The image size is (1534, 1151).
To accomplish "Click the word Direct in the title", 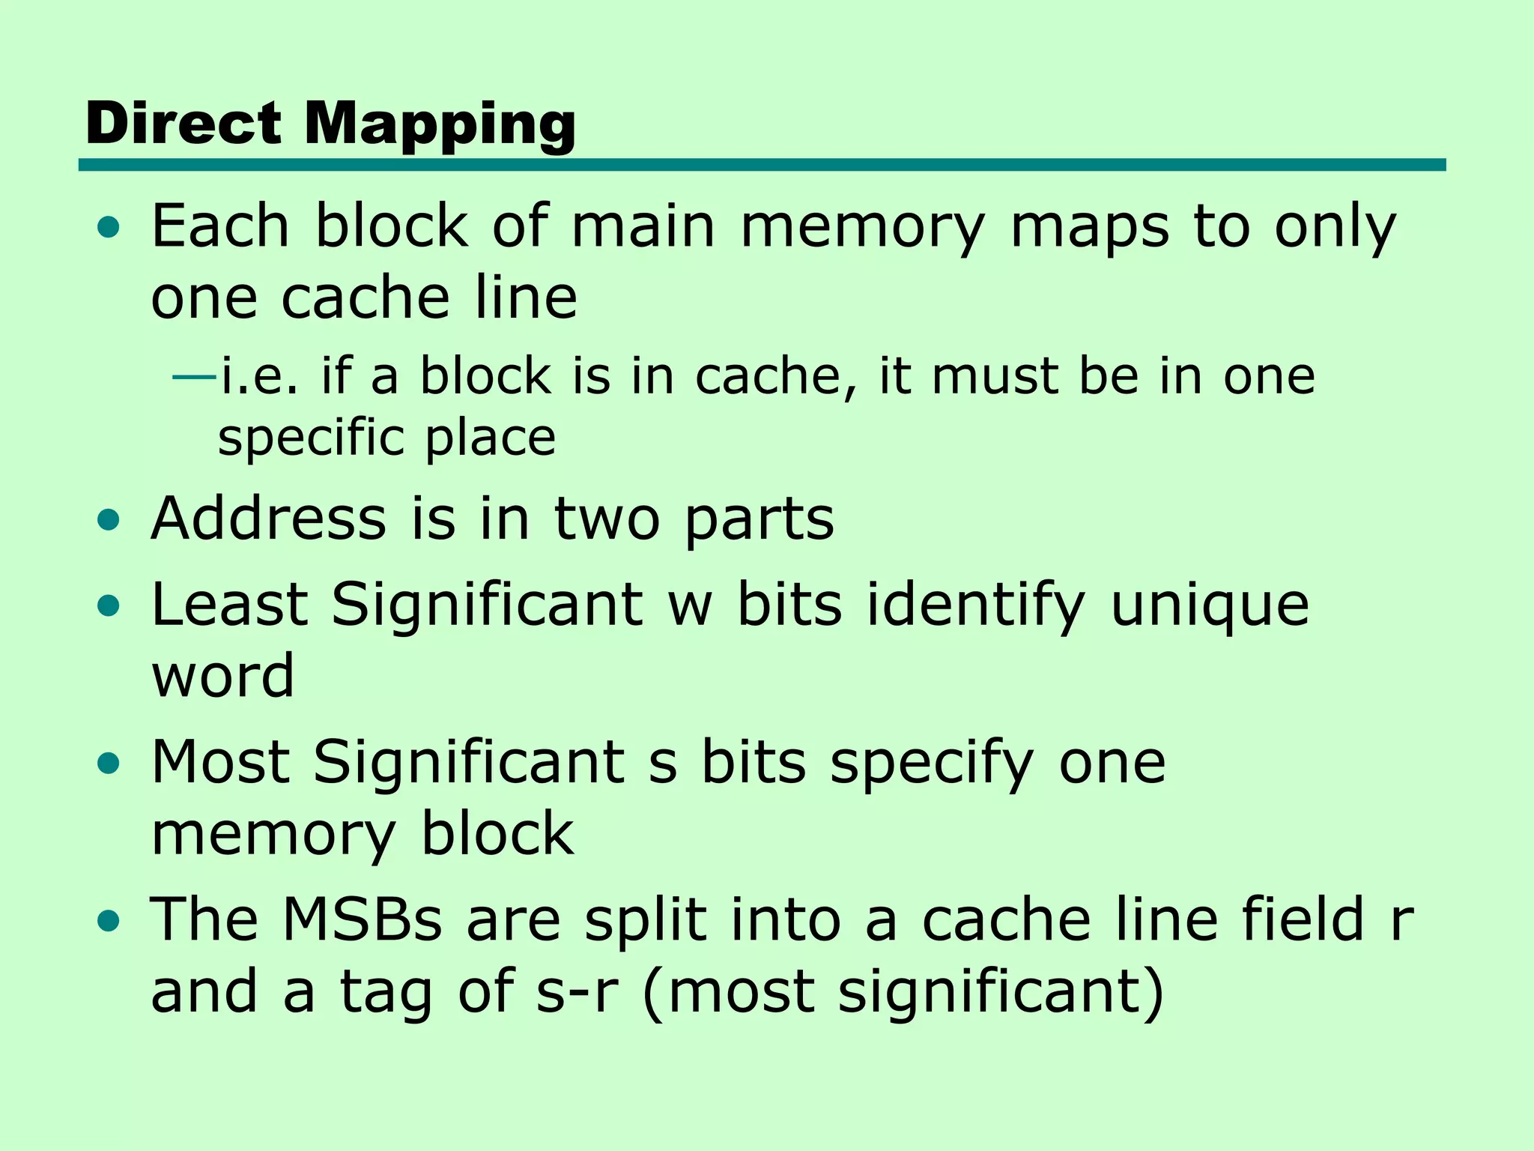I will click(184, 123).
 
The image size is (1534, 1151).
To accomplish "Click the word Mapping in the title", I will click(440, 124).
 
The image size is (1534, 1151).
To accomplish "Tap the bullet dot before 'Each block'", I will click(109, 227).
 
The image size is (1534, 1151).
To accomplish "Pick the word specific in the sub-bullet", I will click(310, 438).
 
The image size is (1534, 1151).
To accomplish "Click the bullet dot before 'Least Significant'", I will click(109, 605).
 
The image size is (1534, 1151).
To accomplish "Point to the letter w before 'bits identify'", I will click(689, 606).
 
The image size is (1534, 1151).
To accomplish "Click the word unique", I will click(1209, 606).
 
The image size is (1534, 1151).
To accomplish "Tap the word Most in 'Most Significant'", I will click(221, 761).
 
